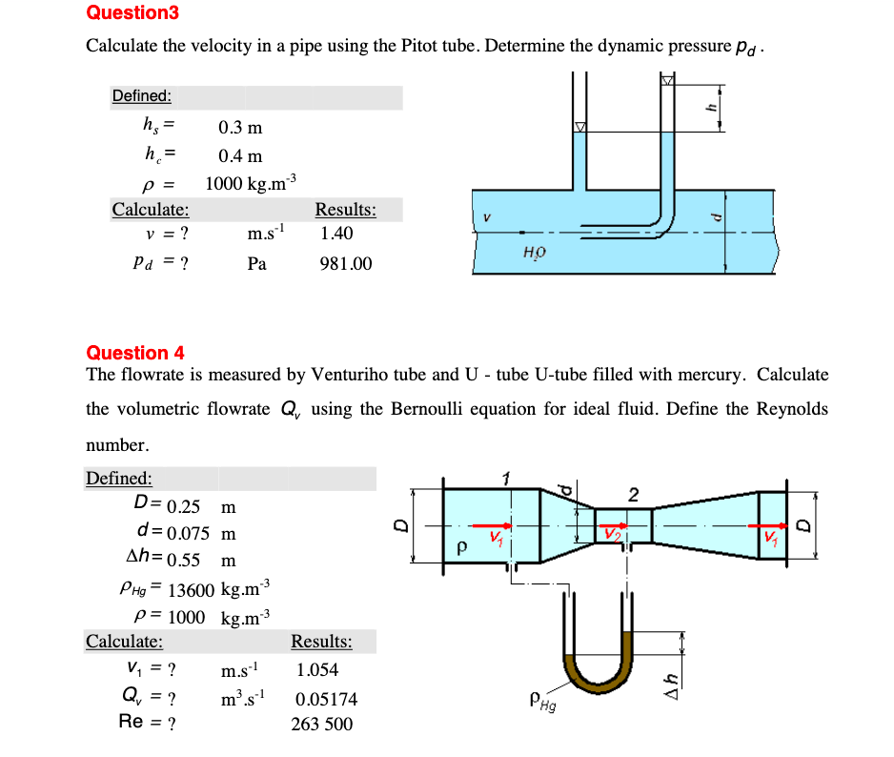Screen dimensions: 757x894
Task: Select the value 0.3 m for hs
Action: [240, 127]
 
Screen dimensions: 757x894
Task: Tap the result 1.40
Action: [337, 233]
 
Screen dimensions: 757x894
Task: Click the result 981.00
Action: [346, 263]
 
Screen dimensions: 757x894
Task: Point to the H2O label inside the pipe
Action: [534, 252]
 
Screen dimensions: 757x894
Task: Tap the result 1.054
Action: [317, 670]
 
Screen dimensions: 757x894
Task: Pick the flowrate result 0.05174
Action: [327, 700]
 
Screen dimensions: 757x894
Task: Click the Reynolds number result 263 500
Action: [321, 725]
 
